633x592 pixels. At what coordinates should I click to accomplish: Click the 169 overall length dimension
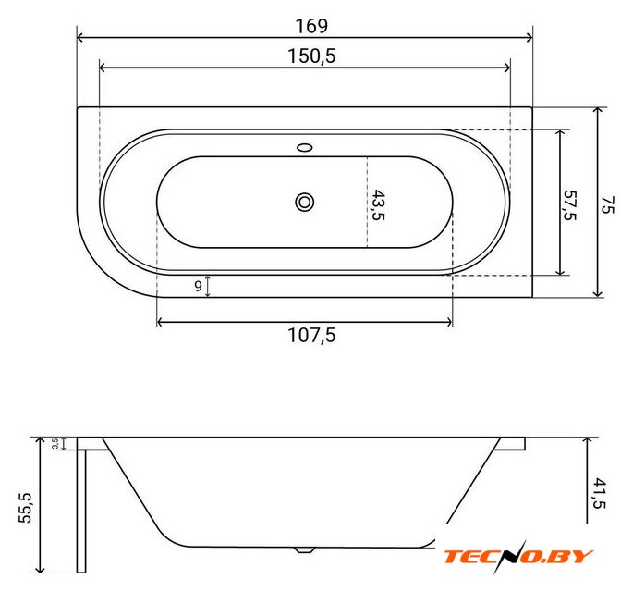(311, 26)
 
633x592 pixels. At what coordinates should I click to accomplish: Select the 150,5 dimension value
(311, 56)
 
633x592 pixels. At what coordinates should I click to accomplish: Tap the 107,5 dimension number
(311, 336)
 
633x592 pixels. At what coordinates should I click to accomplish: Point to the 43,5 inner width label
(378, 204)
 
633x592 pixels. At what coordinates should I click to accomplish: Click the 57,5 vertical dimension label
(570, 205)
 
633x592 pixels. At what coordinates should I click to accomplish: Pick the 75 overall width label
(607, 204)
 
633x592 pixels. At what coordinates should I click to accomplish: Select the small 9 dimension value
(198, 286)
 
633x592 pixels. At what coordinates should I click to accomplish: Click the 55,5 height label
(25, 508)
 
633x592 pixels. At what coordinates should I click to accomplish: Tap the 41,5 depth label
(600, 493)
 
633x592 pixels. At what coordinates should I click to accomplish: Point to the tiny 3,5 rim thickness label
(55, 443)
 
